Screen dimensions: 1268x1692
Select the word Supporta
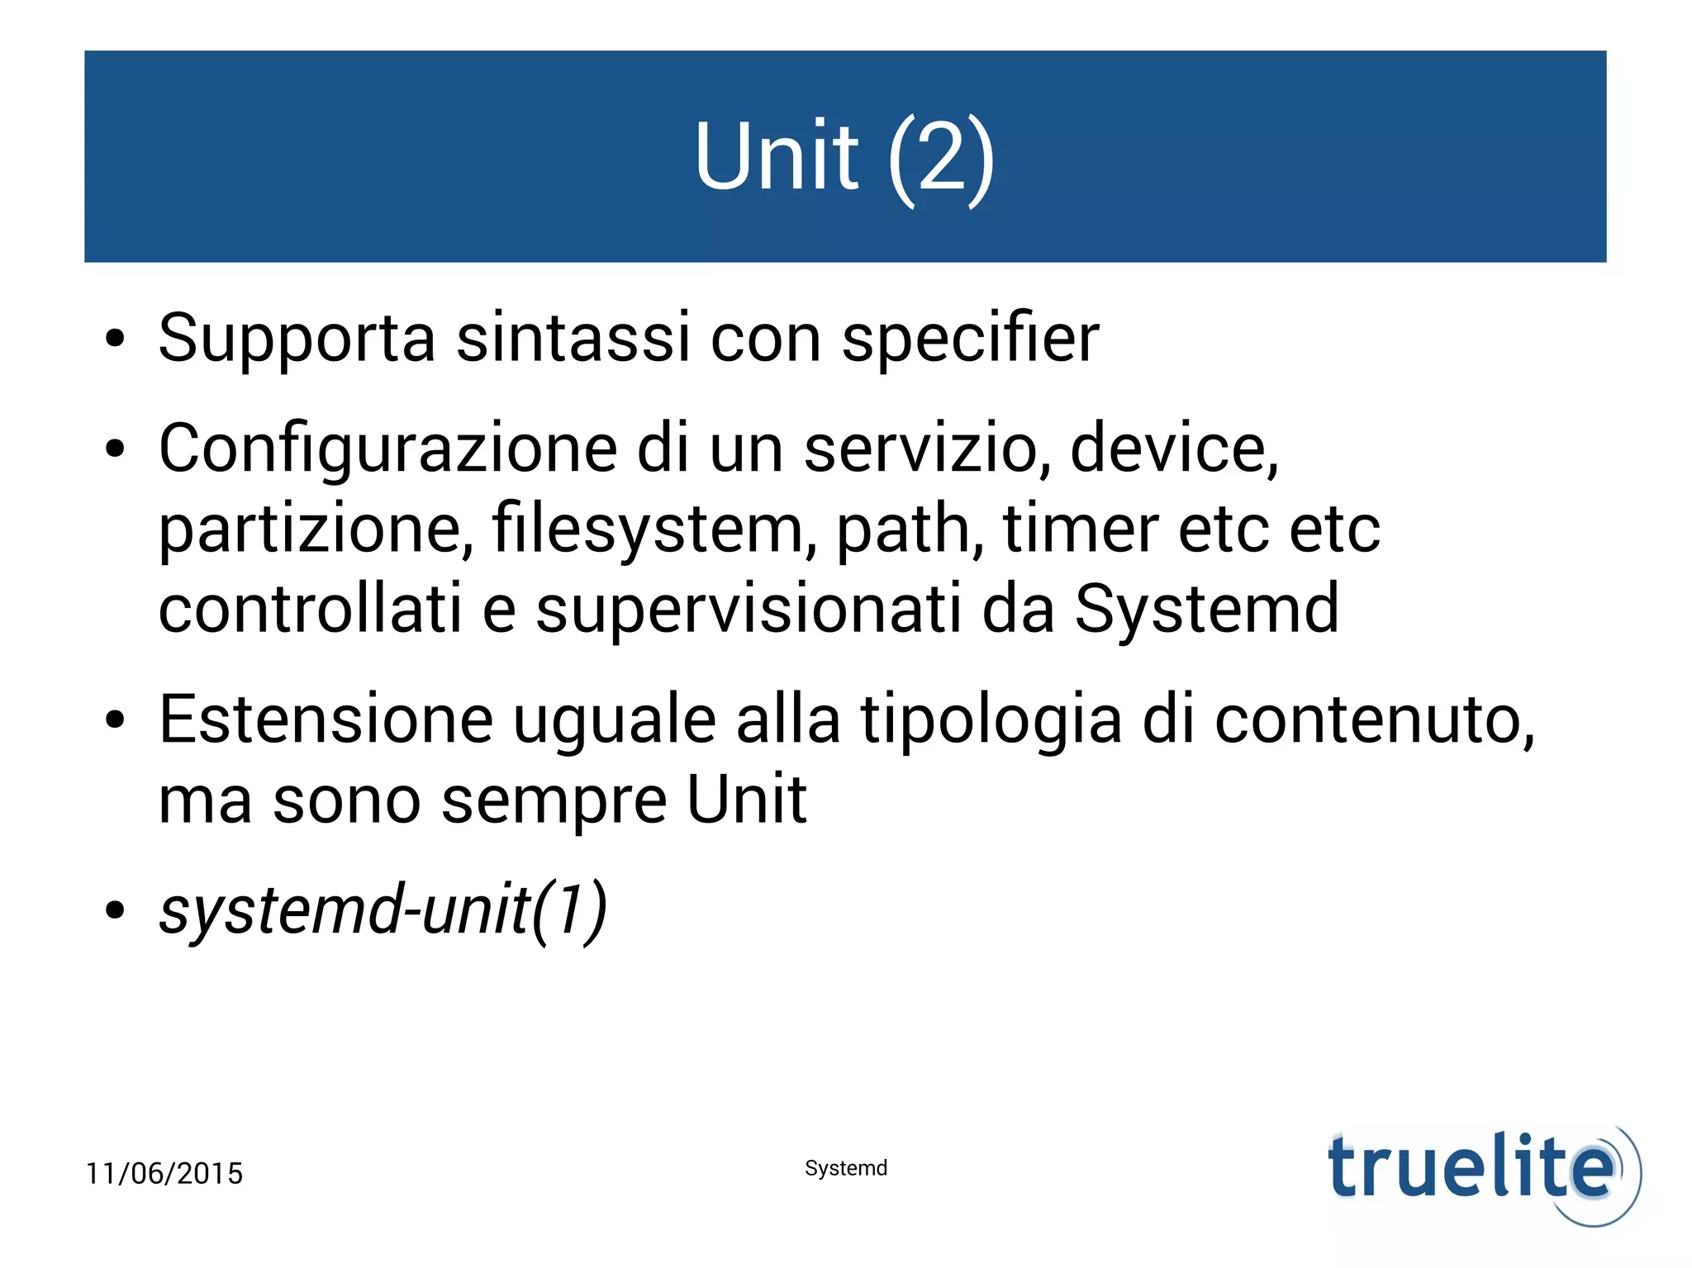(297, 338)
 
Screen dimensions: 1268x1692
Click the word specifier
(970, 338)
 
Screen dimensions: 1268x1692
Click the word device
(1173, 449)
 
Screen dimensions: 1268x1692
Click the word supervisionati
(749, 609)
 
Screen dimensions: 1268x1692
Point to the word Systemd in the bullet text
(1206, 609)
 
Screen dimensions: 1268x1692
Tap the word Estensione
(326, 719)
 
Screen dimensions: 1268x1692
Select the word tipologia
(991, 721)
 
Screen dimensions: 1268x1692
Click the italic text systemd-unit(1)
(383, 909)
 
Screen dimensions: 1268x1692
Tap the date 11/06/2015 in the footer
(164, 1174)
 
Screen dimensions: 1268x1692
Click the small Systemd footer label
(846, 1168)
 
